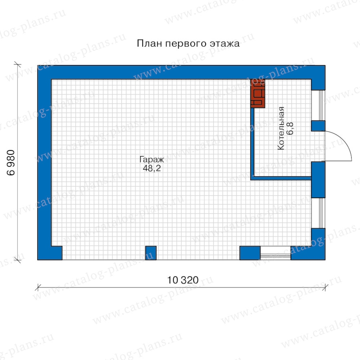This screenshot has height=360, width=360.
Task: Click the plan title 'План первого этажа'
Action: tap(188, 44)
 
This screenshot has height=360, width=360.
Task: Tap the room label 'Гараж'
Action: tap(152, 159)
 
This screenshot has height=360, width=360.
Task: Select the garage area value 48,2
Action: tap(152, 168)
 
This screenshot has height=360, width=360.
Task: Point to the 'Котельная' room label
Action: tap(281, 128)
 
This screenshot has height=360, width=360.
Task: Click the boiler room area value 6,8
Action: tap(290, 128)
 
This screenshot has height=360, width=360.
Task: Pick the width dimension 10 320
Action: tap(183, 280)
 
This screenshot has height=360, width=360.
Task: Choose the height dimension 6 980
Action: tap(11, 162)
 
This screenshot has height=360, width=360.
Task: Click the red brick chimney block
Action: tap(258, 94)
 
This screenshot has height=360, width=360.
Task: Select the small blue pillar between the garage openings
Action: tap(151, 253)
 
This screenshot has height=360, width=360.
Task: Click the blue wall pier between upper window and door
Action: tap(318, 126)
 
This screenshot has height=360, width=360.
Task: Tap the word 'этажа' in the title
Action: tap(224, 44)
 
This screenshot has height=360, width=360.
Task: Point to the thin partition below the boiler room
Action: tap(281, 178)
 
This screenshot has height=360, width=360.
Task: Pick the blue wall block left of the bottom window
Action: tap(250, 253)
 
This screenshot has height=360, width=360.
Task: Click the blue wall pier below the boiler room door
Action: tap(318, 180)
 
